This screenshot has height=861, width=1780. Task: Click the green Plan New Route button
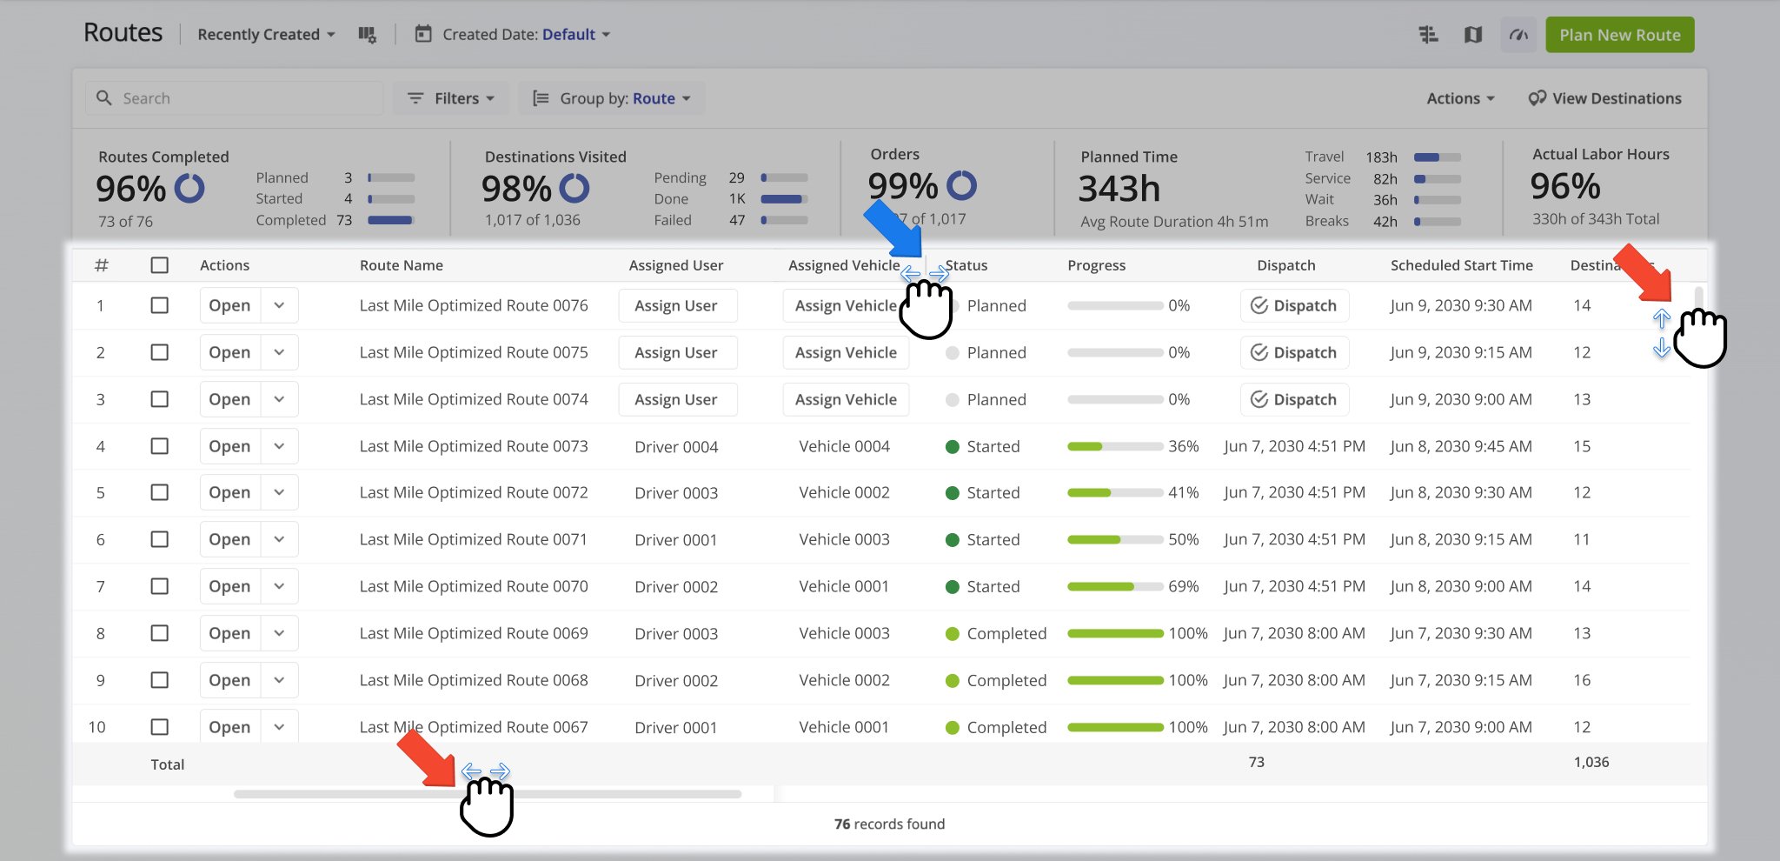1619,35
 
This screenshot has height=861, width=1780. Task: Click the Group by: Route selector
612,98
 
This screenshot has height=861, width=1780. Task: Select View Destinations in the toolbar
1604,98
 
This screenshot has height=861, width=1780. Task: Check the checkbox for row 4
159,446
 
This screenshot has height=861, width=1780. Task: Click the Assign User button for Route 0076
676,305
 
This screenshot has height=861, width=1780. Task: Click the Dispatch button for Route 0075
1294,352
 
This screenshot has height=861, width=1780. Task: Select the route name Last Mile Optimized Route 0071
473,539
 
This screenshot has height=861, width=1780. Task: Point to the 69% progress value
1183,586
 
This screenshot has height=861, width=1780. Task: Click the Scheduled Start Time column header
1461,265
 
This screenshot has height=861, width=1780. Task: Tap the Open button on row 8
229,633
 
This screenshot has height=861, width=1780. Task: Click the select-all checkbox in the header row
159,265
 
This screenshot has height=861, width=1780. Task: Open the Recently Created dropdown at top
266,35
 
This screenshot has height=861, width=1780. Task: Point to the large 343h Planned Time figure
1119,189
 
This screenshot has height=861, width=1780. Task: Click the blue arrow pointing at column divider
893,228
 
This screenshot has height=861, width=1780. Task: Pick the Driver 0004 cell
676,446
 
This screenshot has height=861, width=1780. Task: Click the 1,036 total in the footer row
1591,762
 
